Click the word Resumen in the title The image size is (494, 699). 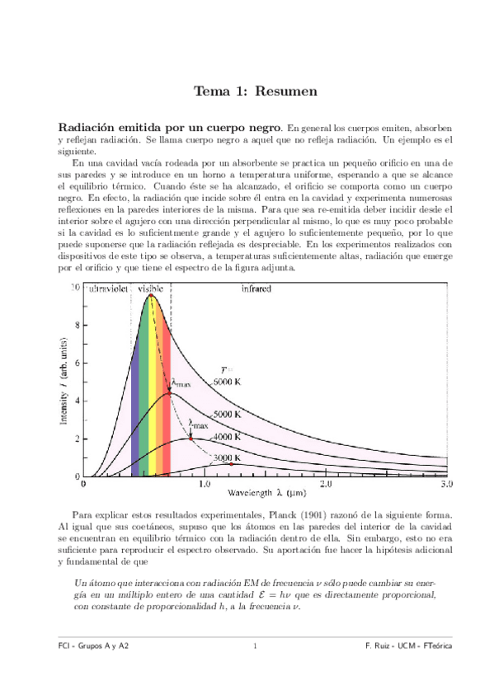pyautogui.click(x=286, y=91)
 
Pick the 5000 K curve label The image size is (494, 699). pyautogui.click(x=226, y=414)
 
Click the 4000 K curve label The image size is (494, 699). pyautogui.click(x=226, y=437)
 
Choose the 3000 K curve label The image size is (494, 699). pyautogui.click(x=225, y=458)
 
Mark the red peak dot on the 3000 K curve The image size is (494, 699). pyautogui.click(x=231, y=465)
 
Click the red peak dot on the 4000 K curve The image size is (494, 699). pyautogui.click(x=191, y=439)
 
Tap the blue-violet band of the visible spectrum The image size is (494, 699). pyautogui.click(x=135, y=412)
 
